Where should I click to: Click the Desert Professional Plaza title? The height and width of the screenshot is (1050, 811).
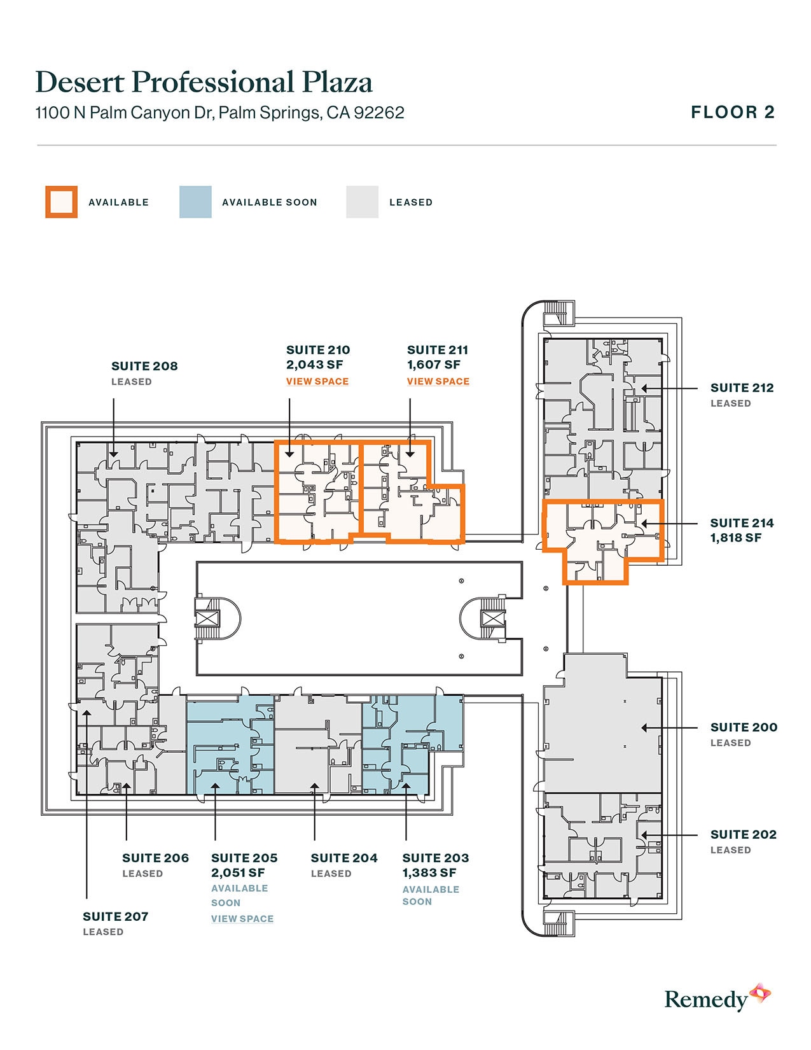pos(204,82)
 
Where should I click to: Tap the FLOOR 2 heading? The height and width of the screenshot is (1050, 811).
pos(733,113)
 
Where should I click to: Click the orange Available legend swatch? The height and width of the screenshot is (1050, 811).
pos(61,202)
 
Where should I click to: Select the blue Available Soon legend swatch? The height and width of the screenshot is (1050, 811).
pos(195,202)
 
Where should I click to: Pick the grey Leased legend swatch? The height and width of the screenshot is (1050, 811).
pos(362,202)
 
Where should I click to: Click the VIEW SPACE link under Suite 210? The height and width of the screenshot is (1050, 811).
pos(317,381)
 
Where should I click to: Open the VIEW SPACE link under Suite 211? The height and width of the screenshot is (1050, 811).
pos(438,381)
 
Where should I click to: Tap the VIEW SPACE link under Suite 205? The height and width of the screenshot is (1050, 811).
pos(242,918)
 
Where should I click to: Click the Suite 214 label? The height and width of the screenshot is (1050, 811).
pos(742,523)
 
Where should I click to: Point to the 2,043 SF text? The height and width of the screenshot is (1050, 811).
pos(314,365)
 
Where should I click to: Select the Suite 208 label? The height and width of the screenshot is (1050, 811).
pos(144,366)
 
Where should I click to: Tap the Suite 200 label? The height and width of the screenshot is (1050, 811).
pos(744,727)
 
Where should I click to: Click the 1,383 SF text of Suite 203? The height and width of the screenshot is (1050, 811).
pos(429,872)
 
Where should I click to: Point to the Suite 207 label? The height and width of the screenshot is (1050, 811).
pos(115,916)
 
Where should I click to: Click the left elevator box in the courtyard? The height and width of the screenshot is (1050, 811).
pos(207,617)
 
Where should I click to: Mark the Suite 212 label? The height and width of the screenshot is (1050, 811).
pos(742,388)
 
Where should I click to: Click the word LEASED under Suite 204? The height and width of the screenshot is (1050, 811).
pos(331,874)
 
